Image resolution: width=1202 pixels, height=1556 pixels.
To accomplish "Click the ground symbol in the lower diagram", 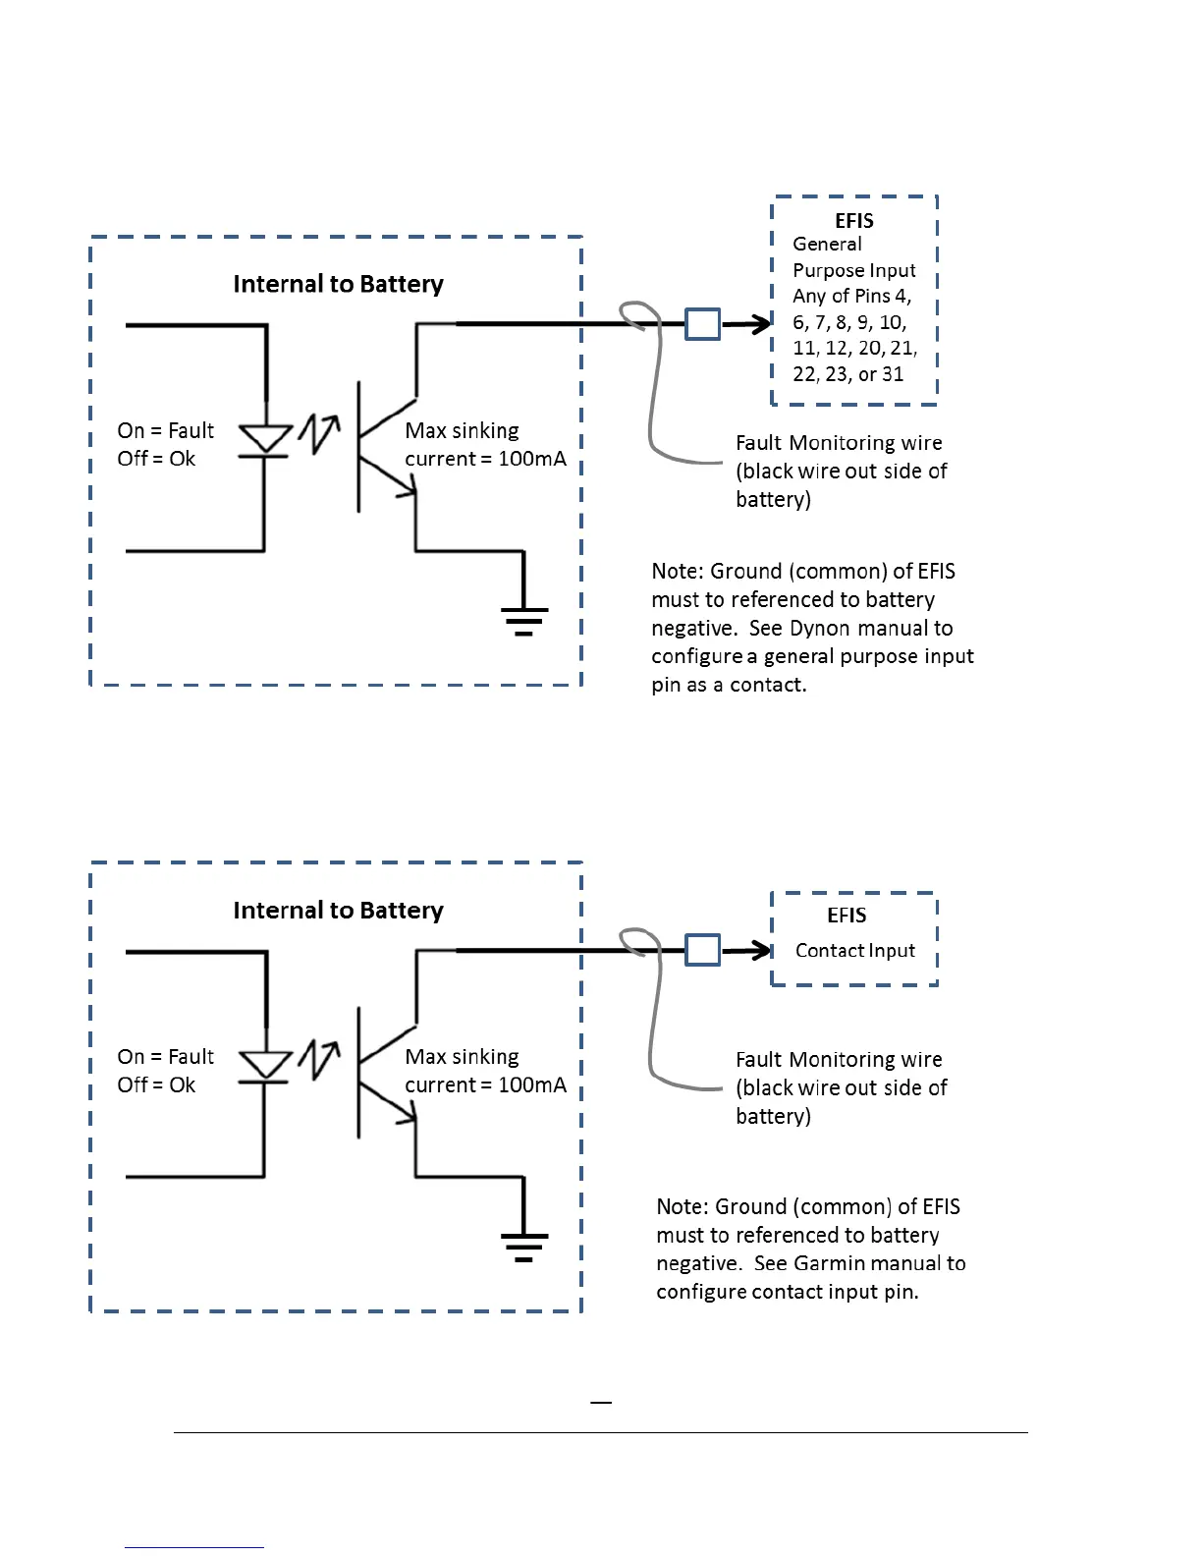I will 523,1246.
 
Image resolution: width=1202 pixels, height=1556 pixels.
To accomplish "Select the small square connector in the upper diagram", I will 702,323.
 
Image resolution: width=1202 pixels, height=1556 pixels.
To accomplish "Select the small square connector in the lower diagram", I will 702,950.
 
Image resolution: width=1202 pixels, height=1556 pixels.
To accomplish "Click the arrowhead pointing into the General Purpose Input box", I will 762,323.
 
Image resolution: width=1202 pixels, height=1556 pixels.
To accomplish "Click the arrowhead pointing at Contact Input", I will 762,950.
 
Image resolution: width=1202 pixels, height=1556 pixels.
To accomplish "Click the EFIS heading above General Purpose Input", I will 854,221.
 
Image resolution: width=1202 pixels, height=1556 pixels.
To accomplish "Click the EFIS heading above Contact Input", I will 847,916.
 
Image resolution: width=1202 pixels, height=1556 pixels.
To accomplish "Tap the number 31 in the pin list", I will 893,374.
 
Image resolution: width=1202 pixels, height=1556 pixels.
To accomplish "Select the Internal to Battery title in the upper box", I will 338,284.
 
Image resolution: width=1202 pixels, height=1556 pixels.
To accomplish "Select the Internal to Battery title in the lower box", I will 338,911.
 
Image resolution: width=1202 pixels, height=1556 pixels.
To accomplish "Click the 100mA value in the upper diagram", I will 532,459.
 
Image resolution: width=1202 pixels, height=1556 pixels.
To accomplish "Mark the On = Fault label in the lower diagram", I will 165,1057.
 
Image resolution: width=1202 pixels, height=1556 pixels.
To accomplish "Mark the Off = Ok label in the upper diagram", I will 156,459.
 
